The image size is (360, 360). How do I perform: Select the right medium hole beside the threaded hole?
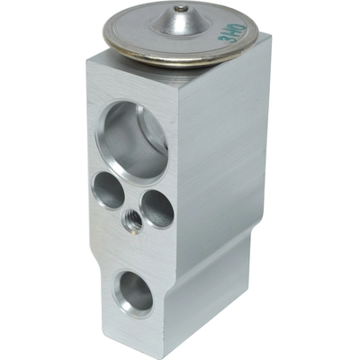[157, 208]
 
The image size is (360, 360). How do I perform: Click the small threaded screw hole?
[130, 220]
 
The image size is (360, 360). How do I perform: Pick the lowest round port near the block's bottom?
[136, 292]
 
